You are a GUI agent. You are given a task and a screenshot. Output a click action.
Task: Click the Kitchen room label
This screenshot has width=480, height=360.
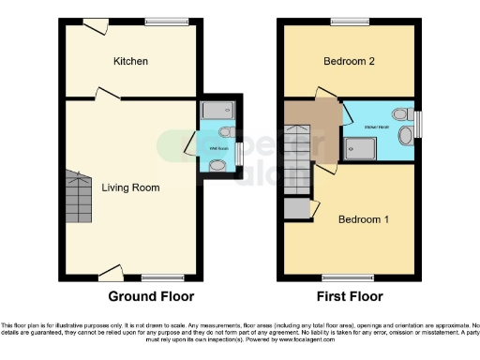(x=130, y=61)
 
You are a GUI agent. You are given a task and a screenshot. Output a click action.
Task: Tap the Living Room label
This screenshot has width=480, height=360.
(x=130, y=187)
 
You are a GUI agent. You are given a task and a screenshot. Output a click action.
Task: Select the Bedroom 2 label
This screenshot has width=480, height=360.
(x=349, y=61)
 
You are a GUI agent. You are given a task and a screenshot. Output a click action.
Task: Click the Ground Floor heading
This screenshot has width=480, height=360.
(x=151, y=296)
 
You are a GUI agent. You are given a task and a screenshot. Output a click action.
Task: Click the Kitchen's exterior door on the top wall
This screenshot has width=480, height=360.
(x=95, y=25)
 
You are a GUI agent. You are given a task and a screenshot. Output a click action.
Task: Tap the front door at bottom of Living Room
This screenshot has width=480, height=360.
(x=111, y=274)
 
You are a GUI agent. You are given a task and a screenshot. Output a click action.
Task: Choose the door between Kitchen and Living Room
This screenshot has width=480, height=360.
(x=106, y=93)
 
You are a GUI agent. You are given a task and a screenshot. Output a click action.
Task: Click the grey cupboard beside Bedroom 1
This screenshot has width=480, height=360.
(x=296, y=209)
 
